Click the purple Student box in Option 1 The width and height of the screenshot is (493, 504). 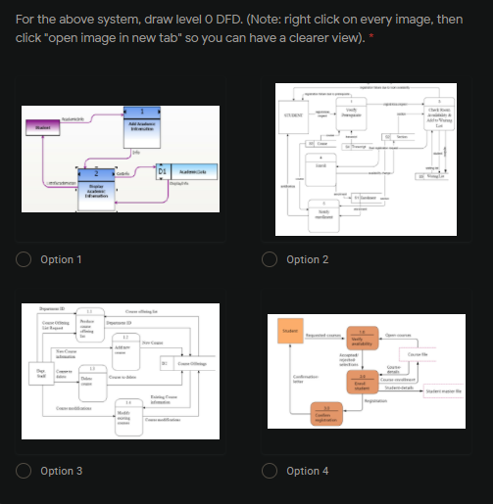(x=42, y=127)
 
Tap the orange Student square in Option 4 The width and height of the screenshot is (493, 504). (x=291, y=332)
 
